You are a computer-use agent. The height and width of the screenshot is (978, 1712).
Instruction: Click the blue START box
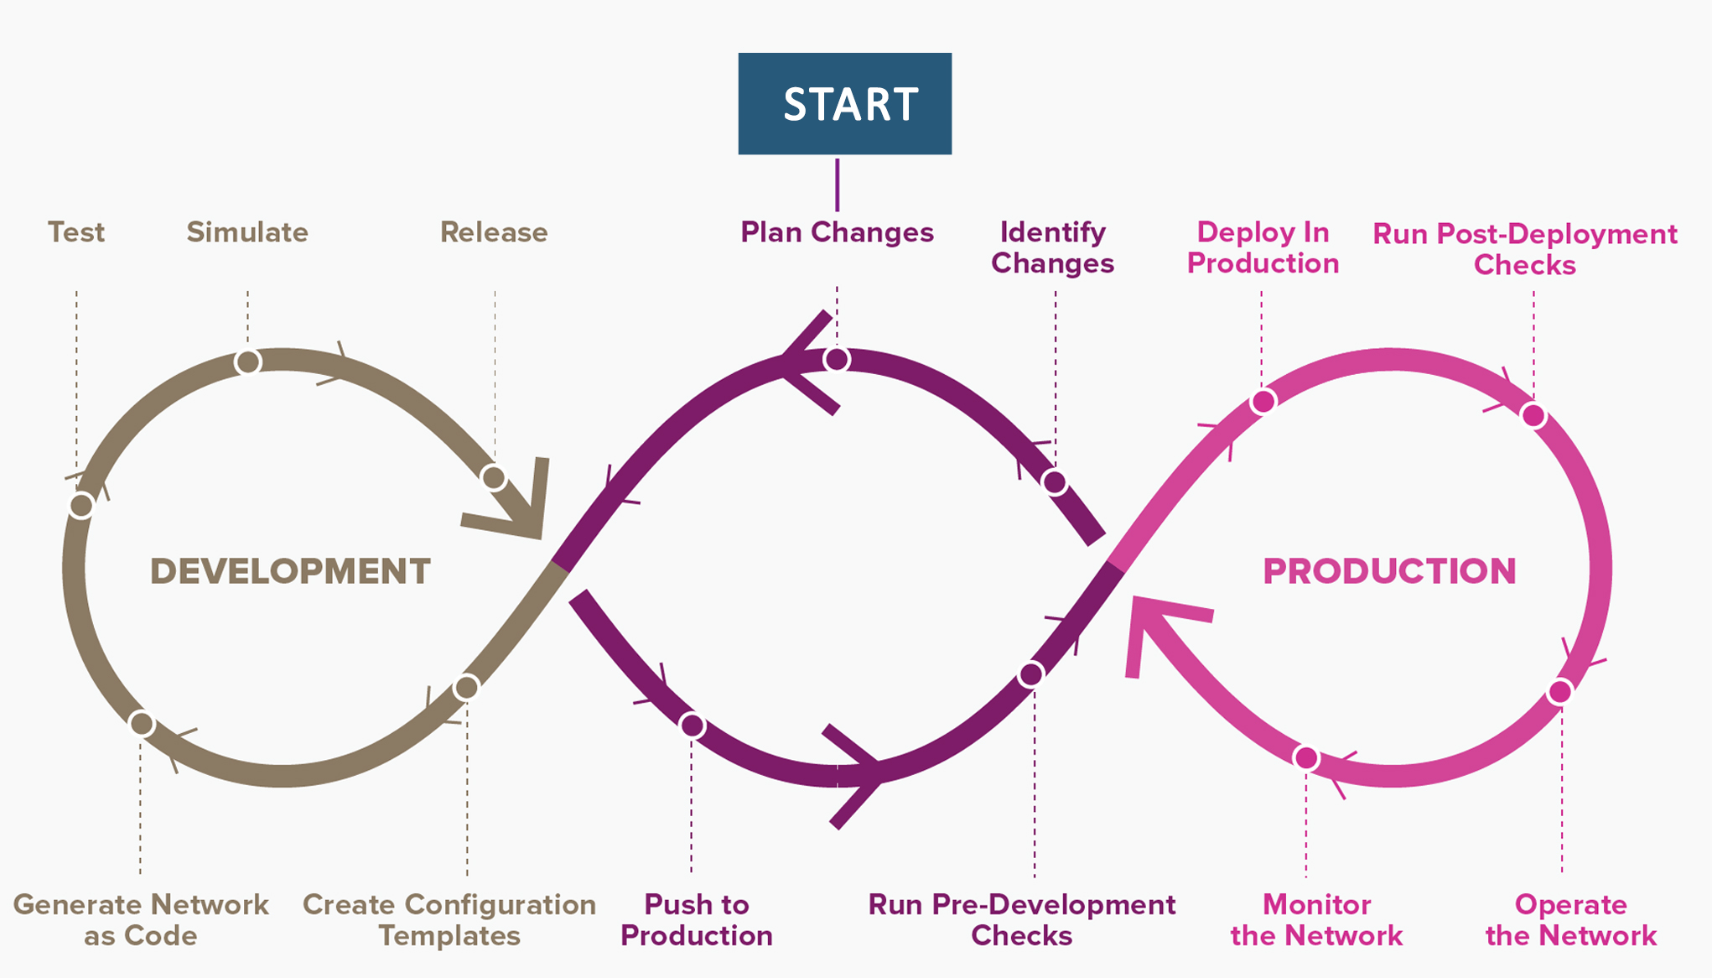(844, 103)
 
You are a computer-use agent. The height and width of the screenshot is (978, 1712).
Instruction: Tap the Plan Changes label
(837, 232)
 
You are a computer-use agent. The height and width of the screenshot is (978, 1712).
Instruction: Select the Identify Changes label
(1052, 247)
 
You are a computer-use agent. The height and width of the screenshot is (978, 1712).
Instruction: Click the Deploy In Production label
(1263, 247)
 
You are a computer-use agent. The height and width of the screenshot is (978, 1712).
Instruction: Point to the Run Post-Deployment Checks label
(1525, 249)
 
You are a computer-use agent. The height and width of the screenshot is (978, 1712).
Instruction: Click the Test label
(76, 232)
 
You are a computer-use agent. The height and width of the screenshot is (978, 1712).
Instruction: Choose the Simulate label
(247, 232)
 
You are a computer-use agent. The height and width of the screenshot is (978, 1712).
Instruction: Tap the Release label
(494, 232)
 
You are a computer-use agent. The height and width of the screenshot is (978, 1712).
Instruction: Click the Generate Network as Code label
(141, 920)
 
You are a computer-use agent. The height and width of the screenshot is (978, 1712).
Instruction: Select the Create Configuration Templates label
(449, 920)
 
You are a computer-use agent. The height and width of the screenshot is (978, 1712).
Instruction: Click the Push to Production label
(697, 920)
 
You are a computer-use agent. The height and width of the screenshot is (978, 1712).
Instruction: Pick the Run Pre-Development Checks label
(1022, 920)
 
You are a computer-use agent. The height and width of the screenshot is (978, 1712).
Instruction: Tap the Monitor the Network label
(1316, 920)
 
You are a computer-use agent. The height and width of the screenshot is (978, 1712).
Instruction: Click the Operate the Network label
(1571, 920)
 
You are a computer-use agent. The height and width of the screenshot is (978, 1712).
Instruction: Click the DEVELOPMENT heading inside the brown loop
(290, 572)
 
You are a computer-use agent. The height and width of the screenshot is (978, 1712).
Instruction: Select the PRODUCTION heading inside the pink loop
(1390, 572)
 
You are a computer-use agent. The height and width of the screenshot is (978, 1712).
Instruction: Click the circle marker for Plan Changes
(837, 360)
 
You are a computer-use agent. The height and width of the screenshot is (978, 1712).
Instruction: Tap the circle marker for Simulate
(248, 362)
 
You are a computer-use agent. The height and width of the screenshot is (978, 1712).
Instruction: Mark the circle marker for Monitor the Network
(1306, 758)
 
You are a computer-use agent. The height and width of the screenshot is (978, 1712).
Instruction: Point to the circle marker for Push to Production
(692, 726)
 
